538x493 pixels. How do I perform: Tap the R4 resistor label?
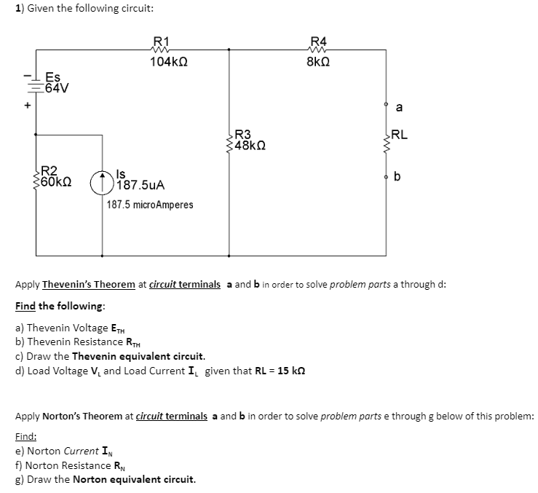coord(319,41)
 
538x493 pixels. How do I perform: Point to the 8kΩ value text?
coord(320,63)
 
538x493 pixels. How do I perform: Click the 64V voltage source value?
coord(56,89)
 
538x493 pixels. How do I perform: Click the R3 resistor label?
coord(242,134)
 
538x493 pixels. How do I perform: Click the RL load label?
coord(400,134)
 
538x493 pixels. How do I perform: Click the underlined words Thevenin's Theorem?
coord(89,284)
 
